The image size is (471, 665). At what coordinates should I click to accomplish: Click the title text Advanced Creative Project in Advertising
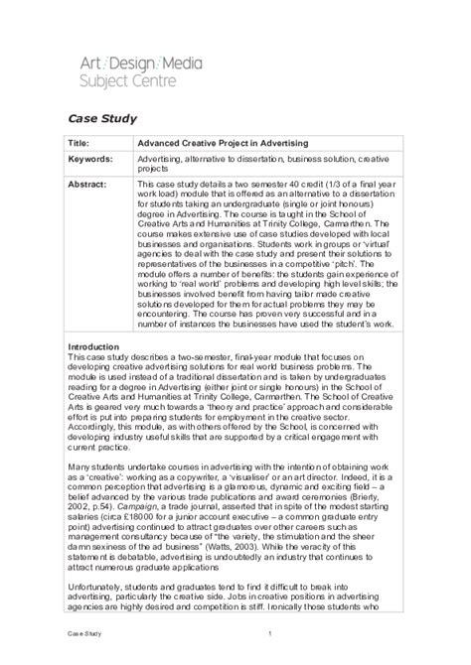(x=223, y=142)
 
